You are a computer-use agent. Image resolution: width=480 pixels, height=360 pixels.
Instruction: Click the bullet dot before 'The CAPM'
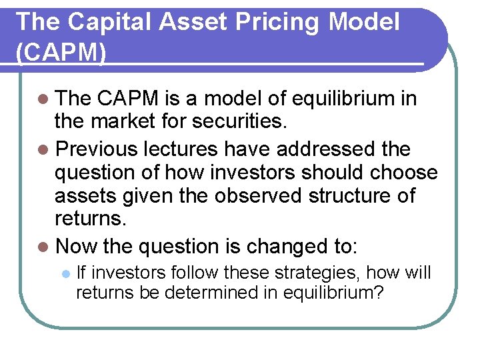pos(43,99)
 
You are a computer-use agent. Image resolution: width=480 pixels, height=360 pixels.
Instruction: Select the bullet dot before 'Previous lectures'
pos(43,148)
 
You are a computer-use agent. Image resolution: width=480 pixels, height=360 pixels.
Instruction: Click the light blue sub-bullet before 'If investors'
pos(65,273)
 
